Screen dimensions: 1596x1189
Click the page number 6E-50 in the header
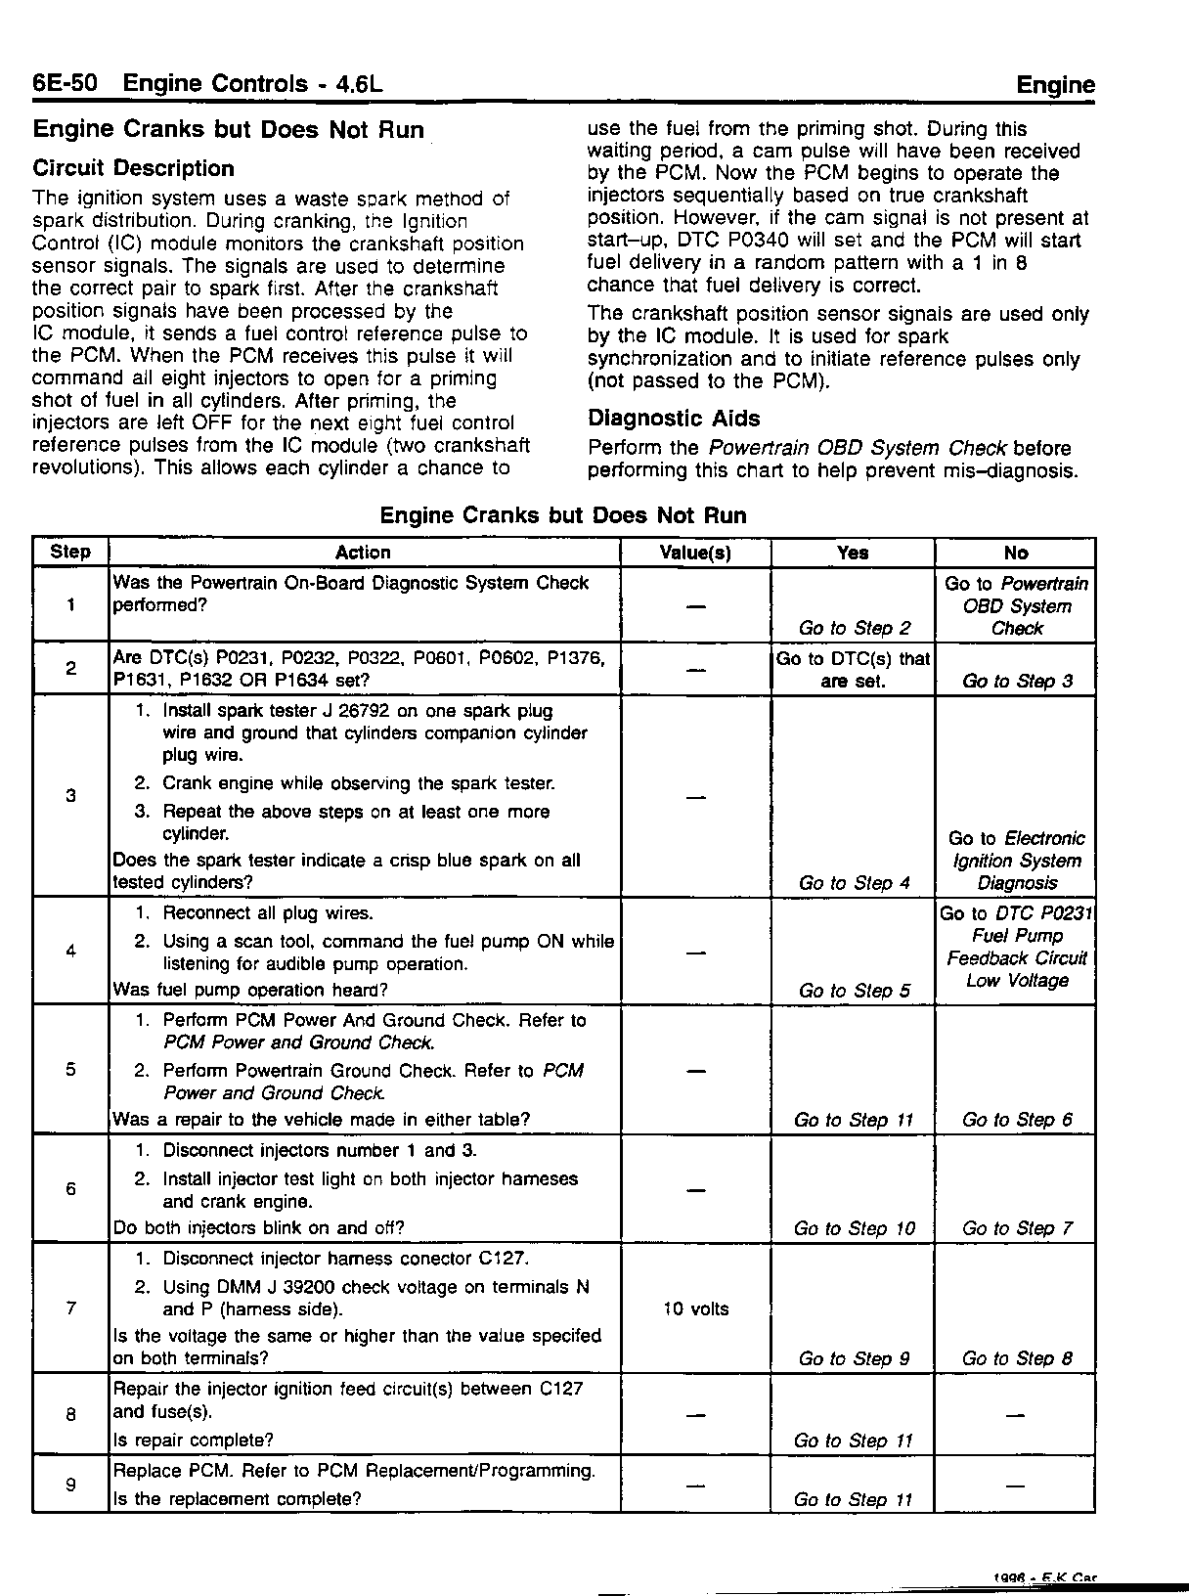click(65, 83)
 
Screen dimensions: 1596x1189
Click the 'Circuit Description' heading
click(133, 168)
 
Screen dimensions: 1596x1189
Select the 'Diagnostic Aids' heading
click(673, 419)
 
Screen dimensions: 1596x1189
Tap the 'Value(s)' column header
click(695, 553)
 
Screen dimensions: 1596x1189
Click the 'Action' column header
click(363, 553)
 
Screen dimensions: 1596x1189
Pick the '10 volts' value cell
click(695, 1308)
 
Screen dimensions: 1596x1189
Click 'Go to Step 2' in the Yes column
click(854, 628)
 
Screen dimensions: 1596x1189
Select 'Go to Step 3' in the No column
click(1017, 681)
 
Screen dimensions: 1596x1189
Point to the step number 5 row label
click(70, 1069)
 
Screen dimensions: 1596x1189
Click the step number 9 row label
click(70, 1485)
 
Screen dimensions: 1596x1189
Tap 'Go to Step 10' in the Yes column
click(854, 1228)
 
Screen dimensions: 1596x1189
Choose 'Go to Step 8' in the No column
click(1017, 1358)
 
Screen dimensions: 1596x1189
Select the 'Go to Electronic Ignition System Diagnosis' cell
click(1017, 861)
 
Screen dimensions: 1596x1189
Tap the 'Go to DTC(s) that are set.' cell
click(854, 670)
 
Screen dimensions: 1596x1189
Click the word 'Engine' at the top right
click(1055, 85)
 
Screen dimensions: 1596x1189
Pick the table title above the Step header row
click(562, 515)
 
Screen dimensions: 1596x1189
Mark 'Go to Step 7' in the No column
click(1017, 1228)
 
